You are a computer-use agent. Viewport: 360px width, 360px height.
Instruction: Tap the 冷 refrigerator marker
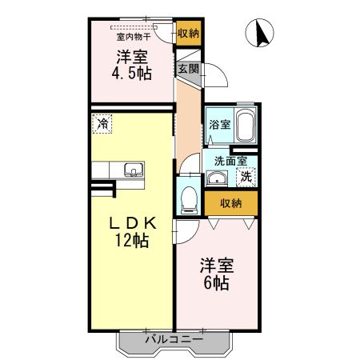[x=102, y=124]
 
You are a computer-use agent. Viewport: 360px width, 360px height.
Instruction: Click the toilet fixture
[x=189, y=198]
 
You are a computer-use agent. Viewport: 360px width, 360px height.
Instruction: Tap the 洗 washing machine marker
[x=247, y=177]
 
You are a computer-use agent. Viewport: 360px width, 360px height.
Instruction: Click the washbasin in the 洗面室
[x=215, y=178]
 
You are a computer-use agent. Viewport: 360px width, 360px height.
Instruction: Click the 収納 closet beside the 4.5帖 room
[x=188, y=34]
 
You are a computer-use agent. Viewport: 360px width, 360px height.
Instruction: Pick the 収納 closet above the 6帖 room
[x=230, y=203]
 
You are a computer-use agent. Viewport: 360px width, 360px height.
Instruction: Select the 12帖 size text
[x=131, y=241]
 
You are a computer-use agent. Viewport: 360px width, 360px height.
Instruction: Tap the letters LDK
[x=131, y=222]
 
